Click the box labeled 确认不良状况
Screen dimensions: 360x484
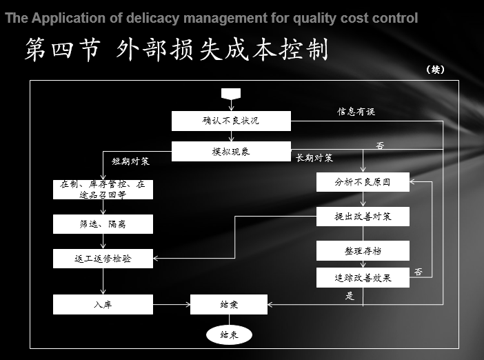(231, 121)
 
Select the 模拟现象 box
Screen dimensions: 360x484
(231, 152)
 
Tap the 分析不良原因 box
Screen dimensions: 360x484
(363, 182)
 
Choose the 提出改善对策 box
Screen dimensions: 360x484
(363, 217)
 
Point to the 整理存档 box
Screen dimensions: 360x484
(363, 250)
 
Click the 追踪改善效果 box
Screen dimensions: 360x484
(363, 278)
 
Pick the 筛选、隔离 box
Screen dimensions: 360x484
(103, 224)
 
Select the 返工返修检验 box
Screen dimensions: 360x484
(103, 259)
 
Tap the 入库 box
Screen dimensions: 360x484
(103, 304)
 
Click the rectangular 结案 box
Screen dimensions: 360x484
(228, 304)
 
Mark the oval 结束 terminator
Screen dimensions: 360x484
(229, 335)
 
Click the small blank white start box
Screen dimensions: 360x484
(229, 93)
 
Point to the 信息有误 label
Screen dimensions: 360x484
(356, 111)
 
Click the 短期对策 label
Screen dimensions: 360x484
(131, 162)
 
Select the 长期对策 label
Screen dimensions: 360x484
(314, 158)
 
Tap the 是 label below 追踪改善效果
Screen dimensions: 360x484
(350, 296)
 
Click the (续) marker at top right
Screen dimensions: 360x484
(436, 69)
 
